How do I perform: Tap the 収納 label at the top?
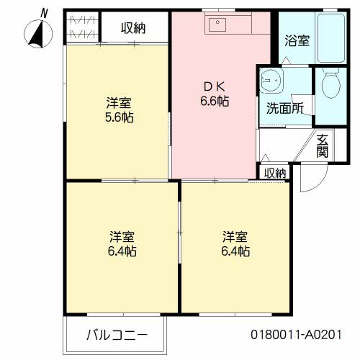coord(133,28)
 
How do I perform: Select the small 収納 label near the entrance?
coord(274,173)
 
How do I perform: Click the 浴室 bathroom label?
coord(297,41)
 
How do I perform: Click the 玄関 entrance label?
coord(322,146)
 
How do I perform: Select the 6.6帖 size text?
coord(215,102)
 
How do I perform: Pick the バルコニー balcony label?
coord(117,335)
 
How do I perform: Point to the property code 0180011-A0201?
coord(295,335)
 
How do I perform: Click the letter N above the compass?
coord(44,13)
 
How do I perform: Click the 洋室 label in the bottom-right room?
coord(235,237)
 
